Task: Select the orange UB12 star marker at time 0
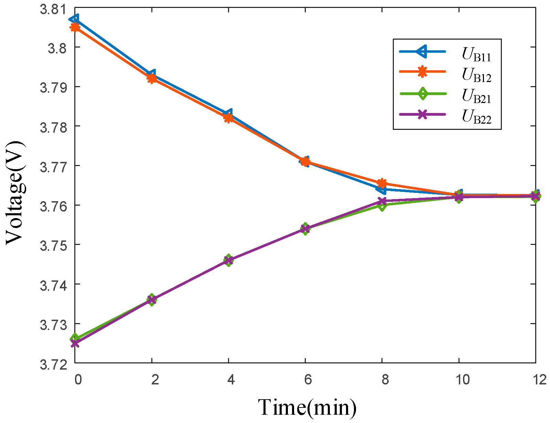click(75, 27)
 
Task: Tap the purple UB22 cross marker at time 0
click(75, 343)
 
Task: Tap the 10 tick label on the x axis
click(463, 380)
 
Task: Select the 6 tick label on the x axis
click(308, 380)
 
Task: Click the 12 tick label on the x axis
click(539, 380)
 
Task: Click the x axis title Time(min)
click(307, 407)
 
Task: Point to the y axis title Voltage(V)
click(15, 193)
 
